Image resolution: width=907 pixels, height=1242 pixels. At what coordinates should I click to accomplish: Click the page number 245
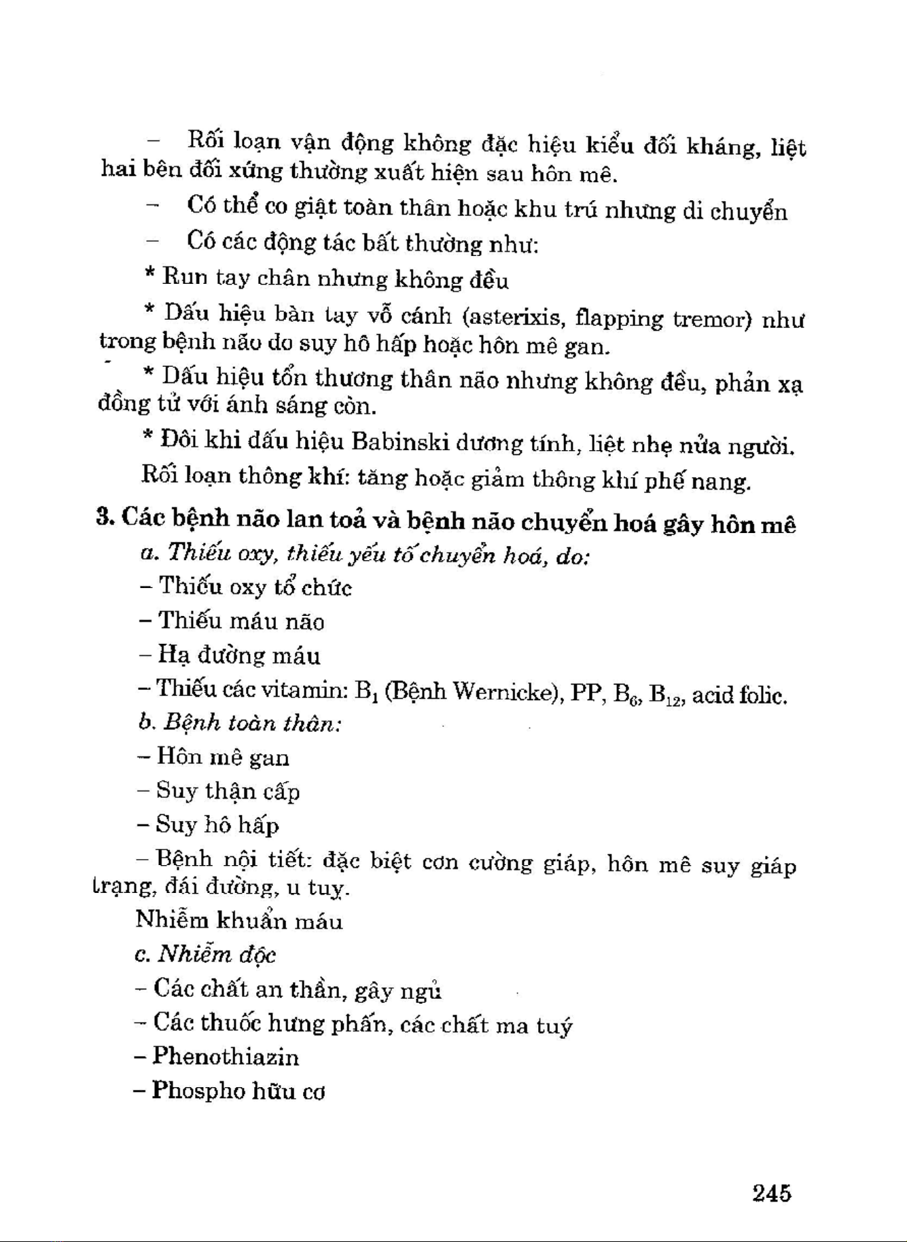(772, 1193)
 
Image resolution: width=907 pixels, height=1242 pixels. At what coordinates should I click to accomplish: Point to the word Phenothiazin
(226, 1057)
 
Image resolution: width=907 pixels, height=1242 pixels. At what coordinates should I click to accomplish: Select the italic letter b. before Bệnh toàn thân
(146, 723)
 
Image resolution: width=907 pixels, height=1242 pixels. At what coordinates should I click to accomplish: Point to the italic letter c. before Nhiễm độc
(142, 955)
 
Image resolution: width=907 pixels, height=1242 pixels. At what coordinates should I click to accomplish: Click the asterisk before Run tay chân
(150, 275)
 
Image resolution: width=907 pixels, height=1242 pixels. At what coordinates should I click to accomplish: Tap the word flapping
(618, 319)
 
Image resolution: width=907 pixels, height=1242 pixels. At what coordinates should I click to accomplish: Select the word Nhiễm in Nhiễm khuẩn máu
(172, 920)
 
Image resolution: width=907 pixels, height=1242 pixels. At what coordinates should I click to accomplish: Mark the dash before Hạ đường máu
(145, 655)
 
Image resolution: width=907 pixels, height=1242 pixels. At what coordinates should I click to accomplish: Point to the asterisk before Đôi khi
(149, 438)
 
